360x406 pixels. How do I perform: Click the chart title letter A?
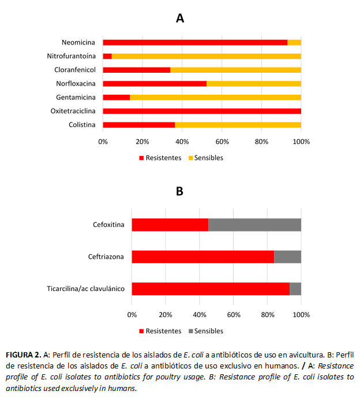click(x=180, y=18)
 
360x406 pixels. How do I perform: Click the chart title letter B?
click(x=179, y=191)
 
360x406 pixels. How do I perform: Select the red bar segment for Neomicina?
click(x=195, y=42)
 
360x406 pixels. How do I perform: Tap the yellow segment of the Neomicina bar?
click(x=294, y=42)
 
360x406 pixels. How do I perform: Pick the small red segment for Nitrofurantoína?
click(x=107, y=56)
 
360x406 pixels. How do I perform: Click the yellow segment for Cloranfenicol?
click(x=235, y=70)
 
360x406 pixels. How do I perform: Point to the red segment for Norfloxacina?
click(x=155, y=83)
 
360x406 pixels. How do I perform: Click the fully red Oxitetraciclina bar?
click(x=202, y=111)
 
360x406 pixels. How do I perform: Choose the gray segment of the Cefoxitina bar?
click(x=254, y=225)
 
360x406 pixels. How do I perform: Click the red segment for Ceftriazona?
click(x=202, y=256)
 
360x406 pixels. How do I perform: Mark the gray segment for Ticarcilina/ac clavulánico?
click(x=295, y=289)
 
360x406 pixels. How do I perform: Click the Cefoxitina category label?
click(x=108, y=225)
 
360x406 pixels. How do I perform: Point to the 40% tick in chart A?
click(x=182, y=141)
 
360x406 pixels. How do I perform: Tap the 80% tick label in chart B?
click(x=267, y=315)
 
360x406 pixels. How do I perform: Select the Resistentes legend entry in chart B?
click(x=160, y=331)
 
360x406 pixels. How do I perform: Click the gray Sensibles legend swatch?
click(x=190, y=331)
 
